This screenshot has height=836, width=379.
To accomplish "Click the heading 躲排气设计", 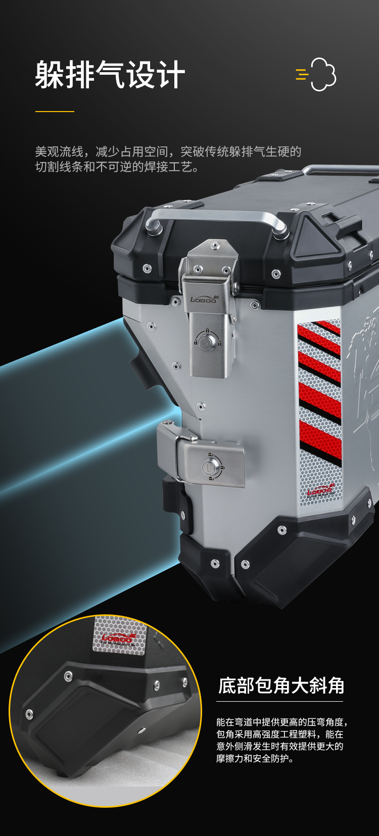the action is pos(110,75).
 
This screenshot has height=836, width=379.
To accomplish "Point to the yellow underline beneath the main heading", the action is pos(55,111).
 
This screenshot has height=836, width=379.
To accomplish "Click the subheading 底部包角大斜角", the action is pos(281,686).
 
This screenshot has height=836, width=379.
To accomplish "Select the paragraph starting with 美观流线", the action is pos(168,159).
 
